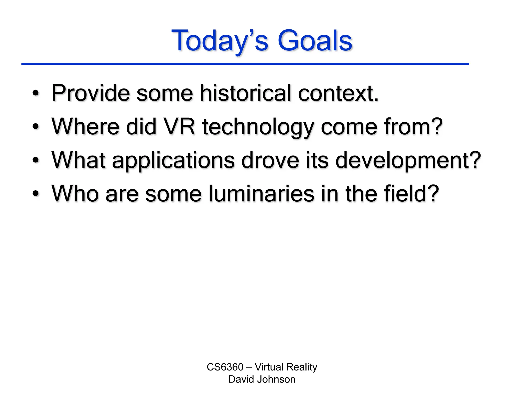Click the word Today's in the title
click(x=220, y=41)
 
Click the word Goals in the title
click(x=315, y=41)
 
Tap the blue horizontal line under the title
click(x=245, y=64)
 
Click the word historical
click(x=246, y=93)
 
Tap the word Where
click(x=85, y=126)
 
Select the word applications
click(x=173, y=161)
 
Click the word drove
click(x=270, y=160)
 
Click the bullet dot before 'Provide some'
click(x=36, y=94)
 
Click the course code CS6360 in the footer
click(x=225, y=367)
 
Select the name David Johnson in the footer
click(x=262, y=379)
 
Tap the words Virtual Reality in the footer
click(x=286, y=367)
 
